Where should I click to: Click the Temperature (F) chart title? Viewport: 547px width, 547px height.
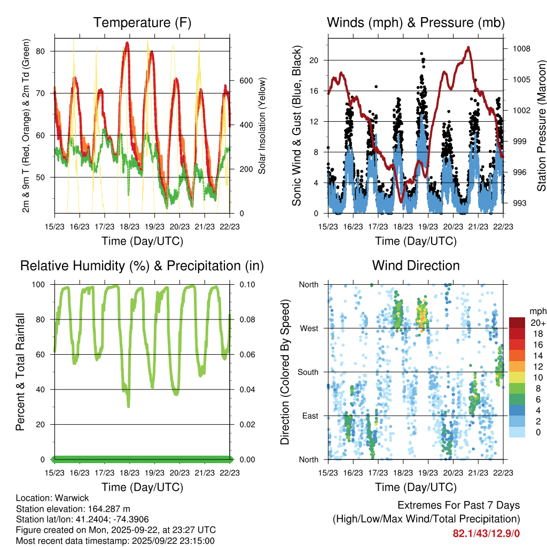click(142, 22)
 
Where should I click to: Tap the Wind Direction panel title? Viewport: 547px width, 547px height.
click(416, 265)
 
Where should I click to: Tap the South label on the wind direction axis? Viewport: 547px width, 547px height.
click(308, 372)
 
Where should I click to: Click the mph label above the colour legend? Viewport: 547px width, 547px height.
click(536, 311)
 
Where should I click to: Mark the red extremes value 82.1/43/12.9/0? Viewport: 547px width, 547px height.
click(486, 533)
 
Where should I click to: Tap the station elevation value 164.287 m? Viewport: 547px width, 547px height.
click(107, 509)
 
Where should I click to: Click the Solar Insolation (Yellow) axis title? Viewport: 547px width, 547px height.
click(262, 126)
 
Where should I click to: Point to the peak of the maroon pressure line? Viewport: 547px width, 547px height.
click(468, 48)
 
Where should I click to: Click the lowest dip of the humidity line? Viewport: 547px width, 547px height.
click(128, 406)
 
